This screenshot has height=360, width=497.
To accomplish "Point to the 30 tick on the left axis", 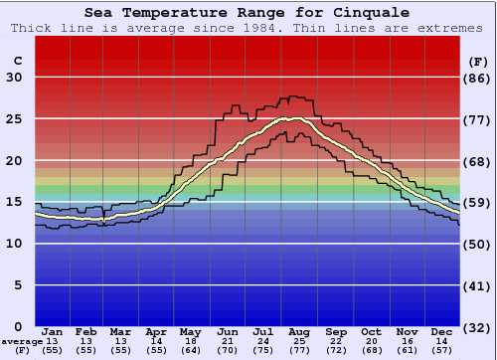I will pyautogui.click(x=14, y=78).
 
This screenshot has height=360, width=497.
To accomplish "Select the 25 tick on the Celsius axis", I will pyautogui.click(x=14, y=119).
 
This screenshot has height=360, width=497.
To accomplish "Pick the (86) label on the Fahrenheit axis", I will pyautogui.click(x=478, y=78).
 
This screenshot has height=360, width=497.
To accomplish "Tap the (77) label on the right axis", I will pyautogui.click(x=478, y=119).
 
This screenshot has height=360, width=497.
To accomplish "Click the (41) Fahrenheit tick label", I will pyautogui.click(x=478, y=285).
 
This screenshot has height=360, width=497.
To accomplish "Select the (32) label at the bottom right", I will pyautogui.click(x=478, y=327).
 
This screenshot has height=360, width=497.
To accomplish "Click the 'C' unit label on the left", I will pyautogui.click(x=17, y=61).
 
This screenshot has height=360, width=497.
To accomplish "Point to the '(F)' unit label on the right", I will pyautogui.click(x=478, y=61).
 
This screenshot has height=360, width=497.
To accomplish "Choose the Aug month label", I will pyautogui.click(x=299, y=331).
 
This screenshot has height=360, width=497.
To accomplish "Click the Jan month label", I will pyautogui.click(x=53, y=331).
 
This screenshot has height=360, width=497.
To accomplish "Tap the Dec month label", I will pyautogui.click(x=442, y=331).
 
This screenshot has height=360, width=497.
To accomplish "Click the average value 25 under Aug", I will pyautogui.click(x=299, y=341).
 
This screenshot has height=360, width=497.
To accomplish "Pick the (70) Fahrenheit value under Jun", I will pyautogui.click(x=228, y=350).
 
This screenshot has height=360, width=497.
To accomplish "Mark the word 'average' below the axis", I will pyautogui.click(x=22, y=341).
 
